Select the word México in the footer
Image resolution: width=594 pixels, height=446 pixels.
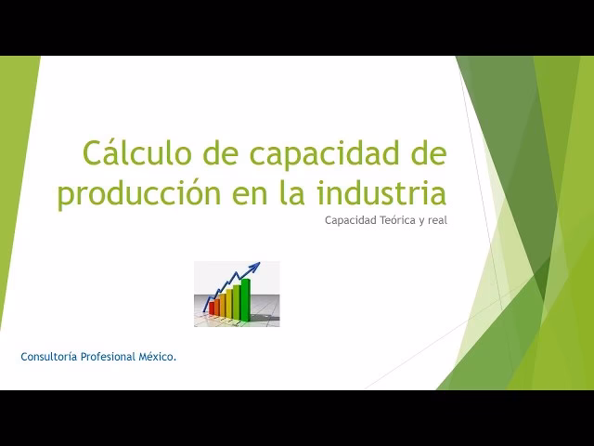point(157,357)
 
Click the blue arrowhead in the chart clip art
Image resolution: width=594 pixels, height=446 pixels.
point(254,268)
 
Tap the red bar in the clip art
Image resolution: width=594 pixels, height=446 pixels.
point(213,308)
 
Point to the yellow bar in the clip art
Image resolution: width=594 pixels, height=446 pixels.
point(229,303)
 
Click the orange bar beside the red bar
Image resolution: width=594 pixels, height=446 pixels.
point(221,306)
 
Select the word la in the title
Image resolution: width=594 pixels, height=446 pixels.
point(294,194)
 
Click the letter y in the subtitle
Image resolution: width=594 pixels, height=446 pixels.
point(421,221)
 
